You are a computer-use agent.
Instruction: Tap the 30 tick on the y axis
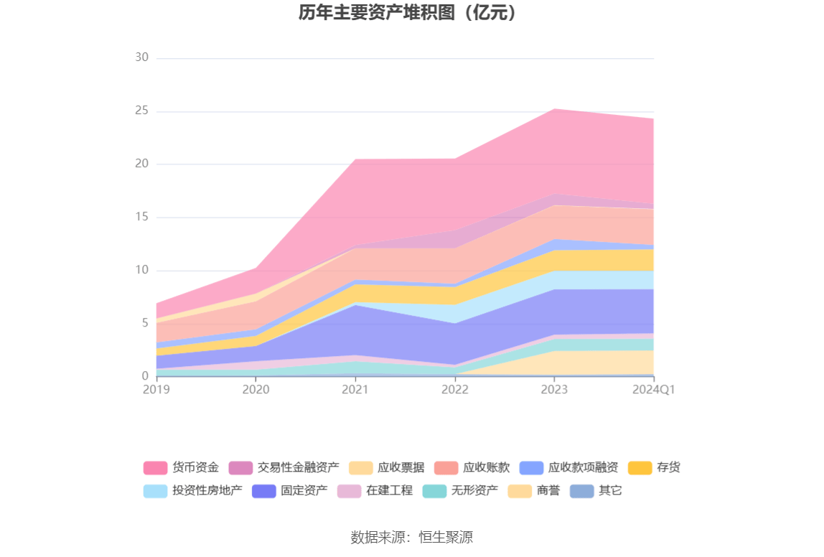pyautogui.click(x=141, y=57)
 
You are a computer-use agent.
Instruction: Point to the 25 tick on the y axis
pyautogui.click(x=141, y=111)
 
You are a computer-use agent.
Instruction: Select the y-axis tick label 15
pyautogui.click(x=141, y=217)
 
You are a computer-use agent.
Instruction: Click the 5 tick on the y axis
pyautogui.click(x=144, y=323)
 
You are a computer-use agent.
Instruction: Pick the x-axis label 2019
pyautogui.click(x=156, y=389)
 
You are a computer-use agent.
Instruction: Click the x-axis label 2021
pyautogui.click(x=355, y=389)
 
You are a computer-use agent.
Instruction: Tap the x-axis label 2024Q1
pyautogui.click(x=653, y=389)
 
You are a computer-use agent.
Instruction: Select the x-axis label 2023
pyautogui.click(x=554, y=389)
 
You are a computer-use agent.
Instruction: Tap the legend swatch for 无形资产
pyautogui.click(x=434, y=491)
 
